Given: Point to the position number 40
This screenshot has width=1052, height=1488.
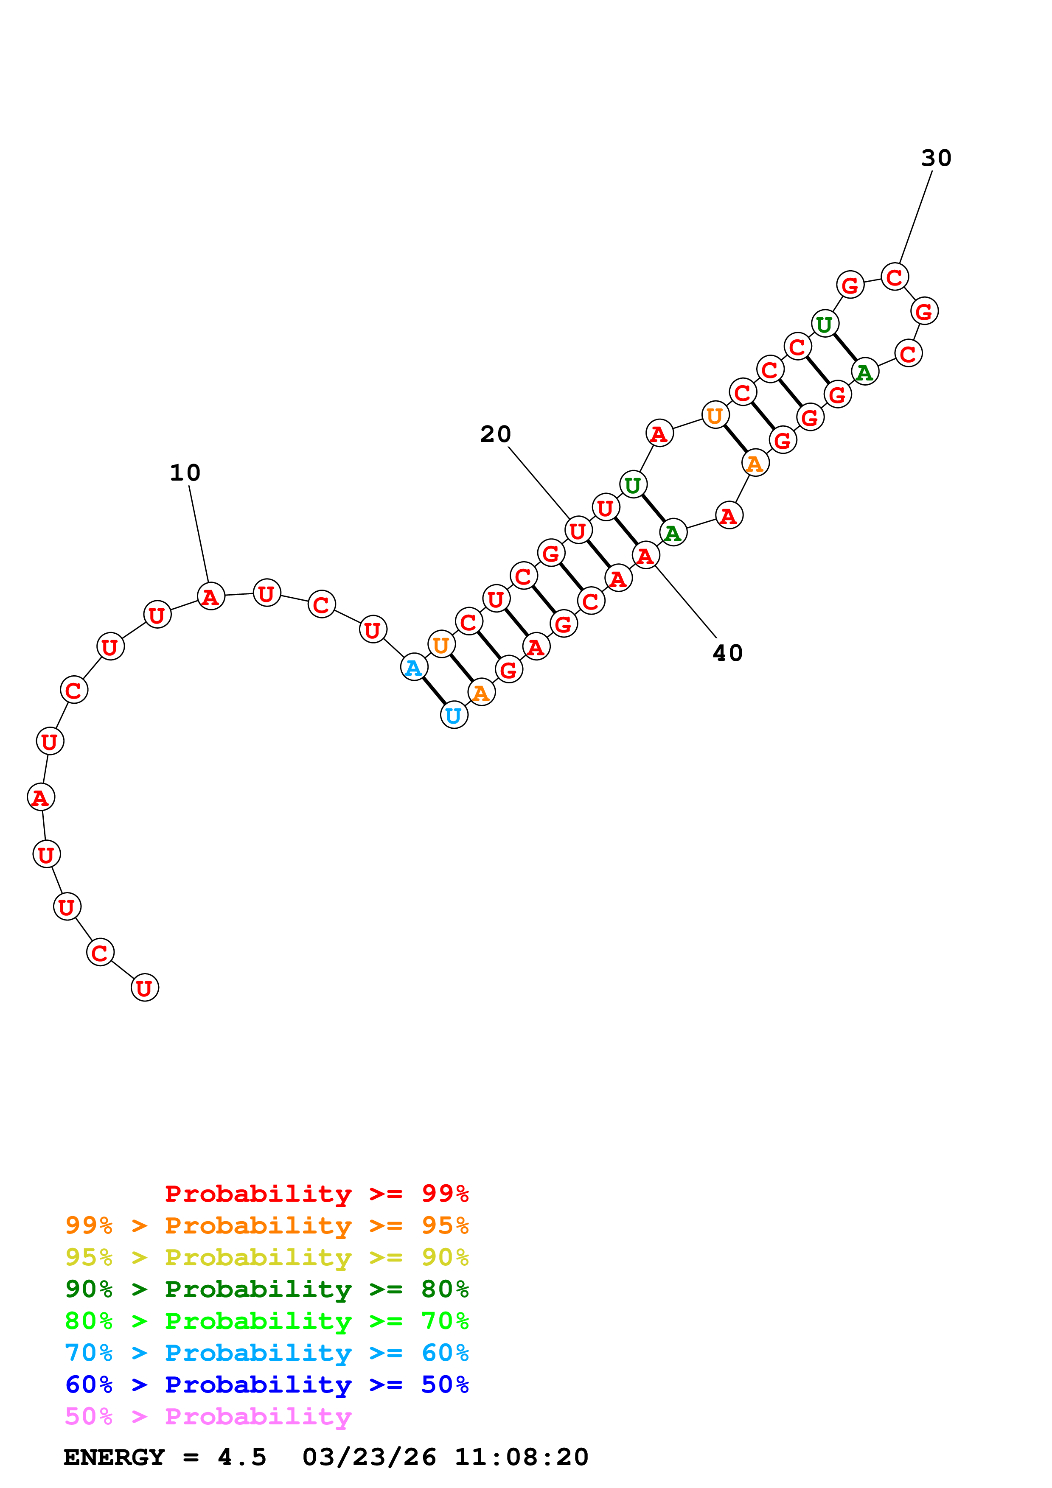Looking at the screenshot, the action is (727, 653).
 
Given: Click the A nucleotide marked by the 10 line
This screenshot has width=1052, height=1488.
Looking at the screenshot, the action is (210, 596).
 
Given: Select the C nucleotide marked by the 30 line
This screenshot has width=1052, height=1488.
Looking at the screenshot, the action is (895, 277).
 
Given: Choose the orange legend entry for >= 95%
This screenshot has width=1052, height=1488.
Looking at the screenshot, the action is (267, 1225).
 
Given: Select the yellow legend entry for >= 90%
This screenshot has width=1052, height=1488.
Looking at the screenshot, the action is (267, 1257).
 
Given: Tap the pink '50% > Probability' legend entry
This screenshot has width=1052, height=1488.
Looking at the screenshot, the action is (208, 1416).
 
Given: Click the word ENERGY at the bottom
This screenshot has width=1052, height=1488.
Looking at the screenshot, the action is (114, 1457).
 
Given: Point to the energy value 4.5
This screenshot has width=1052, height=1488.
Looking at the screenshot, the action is (242, 1457).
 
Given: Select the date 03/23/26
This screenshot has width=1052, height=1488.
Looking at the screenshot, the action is (369, 1457).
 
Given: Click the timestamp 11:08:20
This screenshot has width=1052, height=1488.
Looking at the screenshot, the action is (521, 1457).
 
